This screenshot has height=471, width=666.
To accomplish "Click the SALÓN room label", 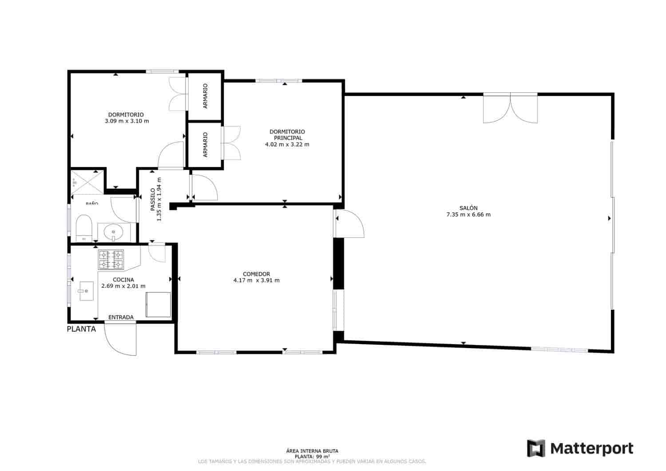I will point(468,208).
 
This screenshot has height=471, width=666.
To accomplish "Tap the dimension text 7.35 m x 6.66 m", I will point(468,215).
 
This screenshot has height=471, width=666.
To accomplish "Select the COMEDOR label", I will point(256,274).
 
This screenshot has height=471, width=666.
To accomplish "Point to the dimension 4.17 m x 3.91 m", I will point(256,281).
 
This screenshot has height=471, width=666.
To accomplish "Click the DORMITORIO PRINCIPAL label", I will point(287,135).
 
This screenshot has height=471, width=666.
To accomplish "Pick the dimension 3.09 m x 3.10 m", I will point(127,121).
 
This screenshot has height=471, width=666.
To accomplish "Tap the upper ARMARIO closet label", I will point(205,96).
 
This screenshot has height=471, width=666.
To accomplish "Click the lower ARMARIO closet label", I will point(205,145).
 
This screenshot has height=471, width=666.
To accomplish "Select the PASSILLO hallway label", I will point(152,200).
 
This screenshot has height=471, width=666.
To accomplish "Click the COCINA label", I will point(123,280).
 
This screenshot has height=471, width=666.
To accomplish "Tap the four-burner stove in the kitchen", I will point(111,260).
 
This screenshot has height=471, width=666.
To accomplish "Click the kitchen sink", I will point(86,291).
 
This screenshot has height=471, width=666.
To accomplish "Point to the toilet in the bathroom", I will point(83,227).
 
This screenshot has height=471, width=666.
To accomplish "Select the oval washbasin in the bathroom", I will point(114,231).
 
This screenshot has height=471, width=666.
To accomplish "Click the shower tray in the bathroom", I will point(87,181).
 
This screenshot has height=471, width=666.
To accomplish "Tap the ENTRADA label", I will point(121,317).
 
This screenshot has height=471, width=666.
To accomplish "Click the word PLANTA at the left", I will point(81,329).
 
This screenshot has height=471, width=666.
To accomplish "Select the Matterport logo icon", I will point(536,448).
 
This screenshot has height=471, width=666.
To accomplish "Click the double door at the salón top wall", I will point(510,107).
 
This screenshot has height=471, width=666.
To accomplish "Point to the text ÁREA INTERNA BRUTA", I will point(312,451).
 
